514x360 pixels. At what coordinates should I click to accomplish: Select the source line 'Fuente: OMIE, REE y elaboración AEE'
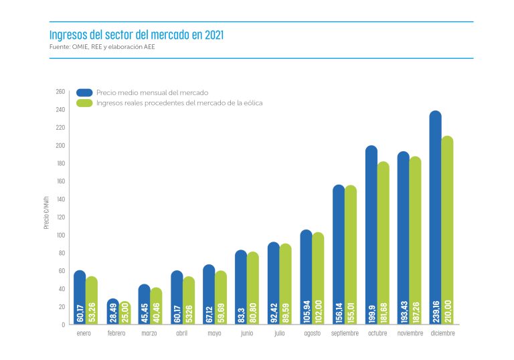click(x=102, y=47)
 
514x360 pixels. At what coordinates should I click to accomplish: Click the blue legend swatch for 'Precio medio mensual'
click(x=84, y=92)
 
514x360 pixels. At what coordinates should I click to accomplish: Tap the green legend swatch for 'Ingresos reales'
click(x=84, y=103)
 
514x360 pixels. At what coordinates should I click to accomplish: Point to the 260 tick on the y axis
click(x=60, y=92)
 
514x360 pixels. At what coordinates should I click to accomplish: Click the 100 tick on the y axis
click(x=60, y=236)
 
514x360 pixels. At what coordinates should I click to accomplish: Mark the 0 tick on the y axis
click(x=63, y=325)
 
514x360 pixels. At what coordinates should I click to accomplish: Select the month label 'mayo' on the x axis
click(x=215, y=333)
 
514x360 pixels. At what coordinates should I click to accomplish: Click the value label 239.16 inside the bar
click(x=436, y=304)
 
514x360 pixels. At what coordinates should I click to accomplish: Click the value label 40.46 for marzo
click(x=156, y=309)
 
